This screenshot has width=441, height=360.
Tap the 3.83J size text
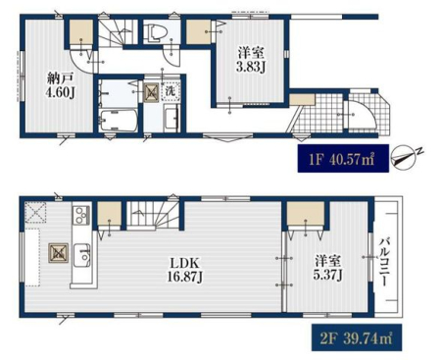[x=251, y=67]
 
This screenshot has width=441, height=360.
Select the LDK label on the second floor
[x=185, y=263]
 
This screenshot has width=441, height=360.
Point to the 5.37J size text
[x=327, y=275]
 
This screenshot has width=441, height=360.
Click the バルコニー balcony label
[x=384, y=263]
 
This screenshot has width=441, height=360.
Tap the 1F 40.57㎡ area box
[x=343, y=159]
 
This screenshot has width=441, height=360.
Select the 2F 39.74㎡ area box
[x=357, y=337]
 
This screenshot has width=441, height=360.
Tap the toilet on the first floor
[x=156, y=33]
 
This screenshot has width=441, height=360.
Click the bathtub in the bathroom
[x=119, y=120]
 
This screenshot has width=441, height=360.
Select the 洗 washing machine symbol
[x=171, y=91]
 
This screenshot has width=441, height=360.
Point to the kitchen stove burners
[x=81, y=215]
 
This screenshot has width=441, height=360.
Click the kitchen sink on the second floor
[x=81, y=255]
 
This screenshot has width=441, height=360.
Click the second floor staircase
[x=153, y=214]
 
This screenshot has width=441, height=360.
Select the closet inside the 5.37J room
[x=306, y=213]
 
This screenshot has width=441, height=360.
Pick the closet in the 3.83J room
[x=198, y=31]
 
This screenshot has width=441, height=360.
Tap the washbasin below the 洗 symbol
[x=171, y=118]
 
